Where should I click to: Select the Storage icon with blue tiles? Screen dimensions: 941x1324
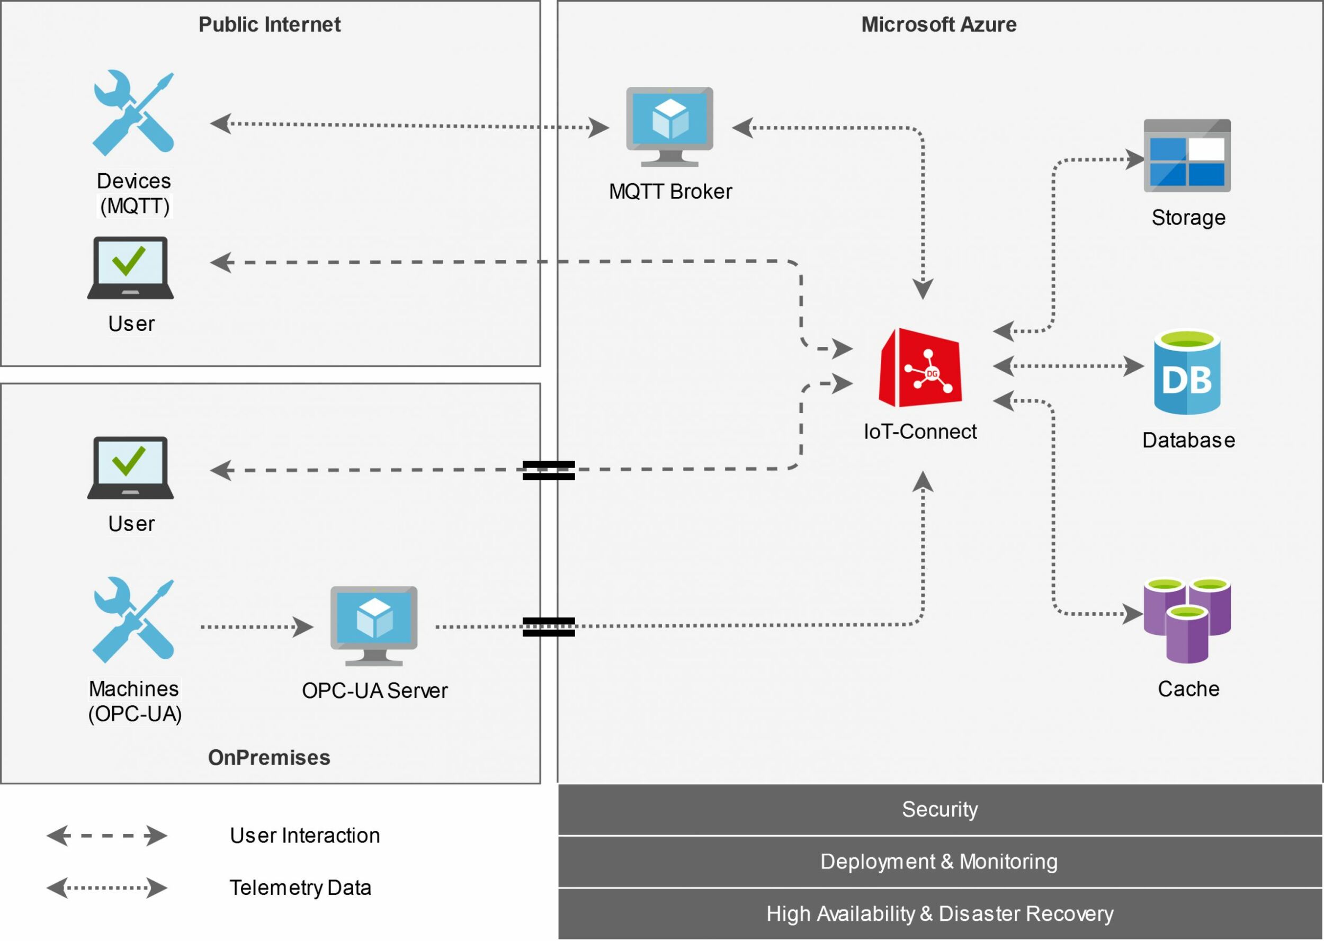click(x=1187, y=156)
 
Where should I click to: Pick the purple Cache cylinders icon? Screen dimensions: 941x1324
click(x=1187, y=620)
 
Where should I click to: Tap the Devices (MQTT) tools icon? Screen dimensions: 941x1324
click(x=133, y=113)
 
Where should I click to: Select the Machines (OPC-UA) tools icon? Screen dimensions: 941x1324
click(x=133, y=620)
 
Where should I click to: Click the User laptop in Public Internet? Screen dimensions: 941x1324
click(x=130, y=268)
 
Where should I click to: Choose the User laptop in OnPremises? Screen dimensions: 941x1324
click(x=130, y=468)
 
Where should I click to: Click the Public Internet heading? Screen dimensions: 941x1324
click(x=270, y=24)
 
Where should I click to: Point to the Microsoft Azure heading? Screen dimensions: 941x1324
click(x=938, y=24)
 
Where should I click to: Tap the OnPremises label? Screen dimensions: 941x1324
click(x=269, y=757)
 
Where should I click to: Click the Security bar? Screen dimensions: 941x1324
click(x=940, y=809)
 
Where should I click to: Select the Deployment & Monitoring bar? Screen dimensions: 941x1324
click(x=940, y=861)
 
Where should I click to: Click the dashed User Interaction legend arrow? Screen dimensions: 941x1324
click(x=107, y=836)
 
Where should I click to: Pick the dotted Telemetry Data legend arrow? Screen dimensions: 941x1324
click(x=107, y=887)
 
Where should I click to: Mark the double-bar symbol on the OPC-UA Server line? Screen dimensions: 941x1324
click(x=548, y=626)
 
